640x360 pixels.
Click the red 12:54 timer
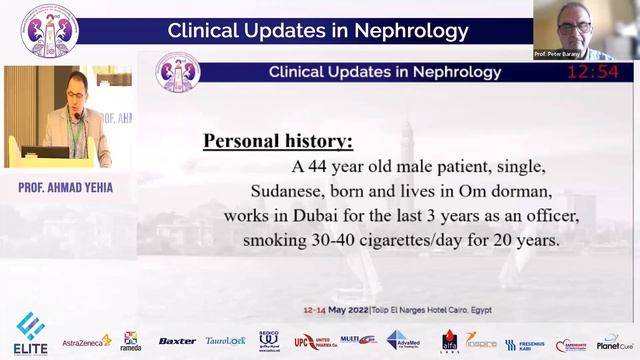pos(593,73)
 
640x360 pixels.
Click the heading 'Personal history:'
pos(277,140)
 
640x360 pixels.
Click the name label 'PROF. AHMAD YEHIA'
pos(65,186)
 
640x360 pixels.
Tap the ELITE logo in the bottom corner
pos(30,336)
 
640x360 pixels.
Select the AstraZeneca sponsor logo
pos(87,341)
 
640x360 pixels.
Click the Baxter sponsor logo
pos(177,341)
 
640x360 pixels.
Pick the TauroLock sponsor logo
pos(225,341)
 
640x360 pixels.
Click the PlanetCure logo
pos(615,341)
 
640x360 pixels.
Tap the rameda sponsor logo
pos(131,341)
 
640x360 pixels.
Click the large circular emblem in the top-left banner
pos(48,30)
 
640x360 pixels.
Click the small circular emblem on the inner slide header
pos(178,73)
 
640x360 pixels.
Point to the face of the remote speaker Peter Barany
pos(573,22)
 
